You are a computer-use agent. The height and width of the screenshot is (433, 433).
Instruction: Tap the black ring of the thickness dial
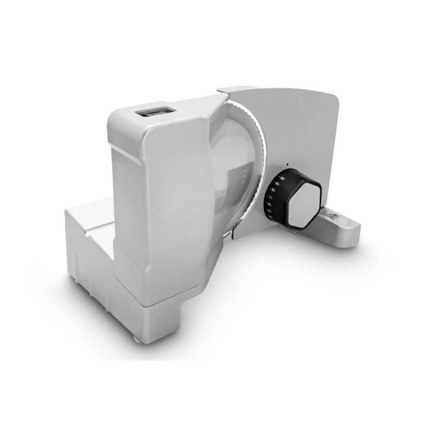(281, 190)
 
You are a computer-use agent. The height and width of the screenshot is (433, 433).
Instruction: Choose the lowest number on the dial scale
(269, 217)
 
